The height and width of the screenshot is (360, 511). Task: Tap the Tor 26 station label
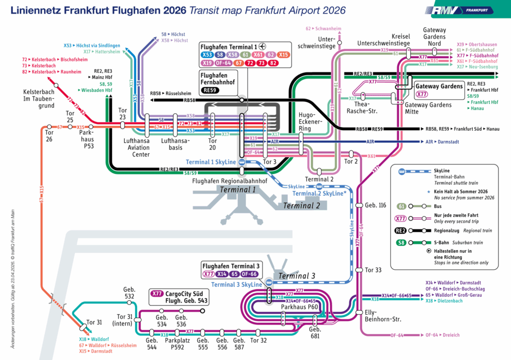49,136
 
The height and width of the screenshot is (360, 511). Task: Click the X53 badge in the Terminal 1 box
207,54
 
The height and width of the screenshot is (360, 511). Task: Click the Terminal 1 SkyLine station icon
242,162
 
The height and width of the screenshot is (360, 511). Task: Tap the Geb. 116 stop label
376,205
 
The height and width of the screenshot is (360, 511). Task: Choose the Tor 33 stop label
373,270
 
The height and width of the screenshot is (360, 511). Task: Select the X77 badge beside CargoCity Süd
157,294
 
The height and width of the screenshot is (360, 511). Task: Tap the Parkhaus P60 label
299,307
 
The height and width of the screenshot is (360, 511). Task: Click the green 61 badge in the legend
401,206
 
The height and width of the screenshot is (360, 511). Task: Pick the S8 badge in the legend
401,243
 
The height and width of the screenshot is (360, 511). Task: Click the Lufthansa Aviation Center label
137,148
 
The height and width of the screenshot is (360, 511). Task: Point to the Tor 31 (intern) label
125,320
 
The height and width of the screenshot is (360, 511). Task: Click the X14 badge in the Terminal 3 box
223,274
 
